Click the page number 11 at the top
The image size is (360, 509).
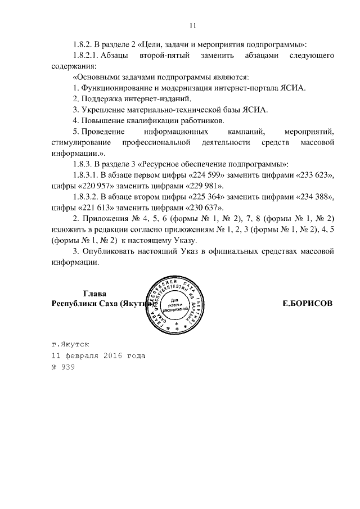192,25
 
